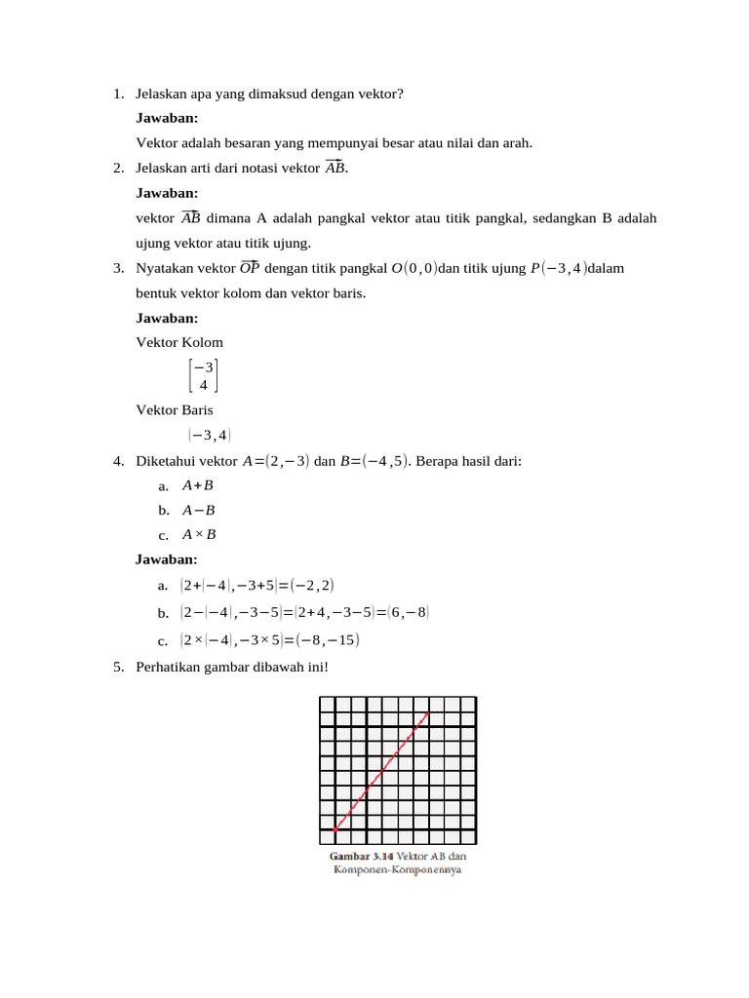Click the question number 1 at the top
[117, 94]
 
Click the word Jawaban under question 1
[168, 118]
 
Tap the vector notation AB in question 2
[335, 168]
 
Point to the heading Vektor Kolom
[179, 342]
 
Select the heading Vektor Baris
[175, 410]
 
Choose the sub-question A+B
[198, 485]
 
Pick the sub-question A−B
[199, 510]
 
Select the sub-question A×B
[199, 534]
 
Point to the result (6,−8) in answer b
[408, 612]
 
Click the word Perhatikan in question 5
[173, 668]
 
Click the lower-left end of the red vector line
[335, 829]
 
